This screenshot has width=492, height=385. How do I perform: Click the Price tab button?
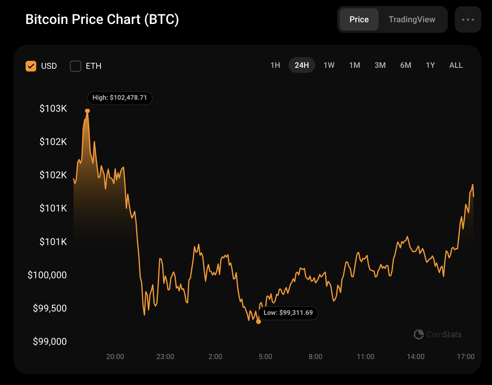[359, 20]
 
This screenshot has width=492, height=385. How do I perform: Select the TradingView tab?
[412, 20]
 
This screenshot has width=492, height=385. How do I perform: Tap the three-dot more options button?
[468, 20]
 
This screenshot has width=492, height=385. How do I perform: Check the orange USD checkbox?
[31, 66]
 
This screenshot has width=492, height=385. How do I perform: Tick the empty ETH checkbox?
[76, 66]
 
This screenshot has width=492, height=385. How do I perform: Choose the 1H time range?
[275, 65]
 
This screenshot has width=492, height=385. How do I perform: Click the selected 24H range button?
[302, 65]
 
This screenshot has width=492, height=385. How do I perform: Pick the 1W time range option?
[329, 65]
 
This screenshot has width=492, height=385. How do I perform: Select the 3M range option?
[380, 65]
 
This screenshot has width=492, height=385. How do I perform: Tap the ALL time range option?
[456, 65]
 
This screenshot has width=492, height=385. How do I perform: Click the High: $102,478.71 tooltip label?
[120, 98]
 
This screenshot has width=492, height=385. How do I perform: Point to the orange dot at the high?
[87, 111]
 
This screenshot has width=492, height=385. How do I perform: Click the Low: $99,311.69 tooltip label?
[288, 313]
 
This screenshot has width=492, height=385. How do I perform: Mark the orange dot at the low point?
[259, 321]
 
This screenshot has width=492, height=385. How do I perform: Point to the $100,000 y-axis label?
[47, 275]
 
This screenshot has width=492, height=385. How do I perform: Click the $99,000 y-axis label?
[50, 341]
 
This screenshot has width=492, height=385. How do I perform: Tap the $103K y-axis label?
[53, 108]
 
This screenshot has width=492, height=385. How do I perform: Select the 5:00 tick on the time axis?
[265, 357]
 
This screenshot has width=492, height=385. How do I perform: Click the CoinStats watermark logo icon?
[419, 334]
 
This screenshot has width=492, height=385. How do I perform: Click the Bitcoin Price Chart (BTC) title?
[102, 19]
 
